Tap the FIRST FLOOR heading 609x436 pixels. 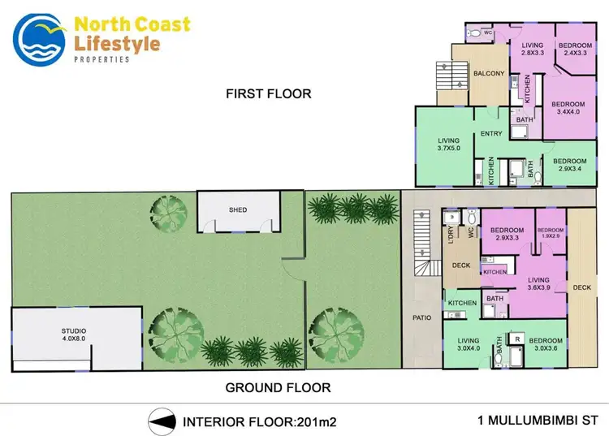pos(268,93)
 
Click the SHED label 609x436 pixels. pos(237,210)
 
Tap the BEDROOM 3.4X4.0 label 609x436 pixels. pos(568,109)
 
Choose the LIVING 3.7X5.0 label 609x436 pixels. pos(448,145)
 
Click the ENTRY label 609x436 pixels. pos(491,134)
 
